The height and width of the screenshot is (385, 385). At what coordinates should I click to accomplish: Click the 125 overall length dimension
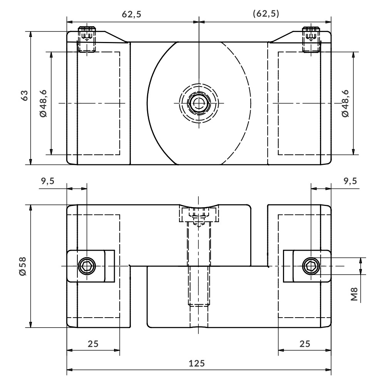pos(196,363)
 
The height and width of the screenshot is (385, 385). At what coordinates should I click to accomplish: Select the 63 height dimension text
pos(25,95)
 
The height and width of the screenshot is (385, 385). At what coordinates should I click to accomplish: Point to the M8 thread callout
pos(354,294)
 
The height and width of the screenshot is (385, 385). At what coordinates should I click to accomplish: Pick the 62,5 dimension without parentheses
pos(132,15)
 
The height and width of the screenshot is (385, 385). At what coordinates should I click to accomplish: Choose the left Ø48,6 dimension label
pos(43,103)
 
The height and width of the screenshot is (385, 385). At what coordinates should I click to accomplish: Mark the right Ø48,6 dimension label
pos(345,103)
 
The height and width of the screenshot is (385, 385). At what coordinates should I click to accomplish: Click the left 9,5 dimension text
pos(48,181)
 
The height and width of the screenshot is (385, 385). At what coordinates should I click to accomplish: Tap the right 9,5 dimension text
pos(350,181)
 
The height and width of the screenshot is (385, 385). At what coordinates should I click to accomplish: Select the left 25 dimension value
pos(93,344)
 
